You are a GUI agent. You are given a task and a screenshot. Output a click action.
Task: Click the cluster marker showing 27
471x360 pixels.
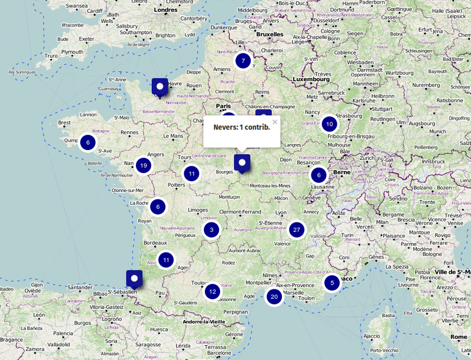(x=297, y=229)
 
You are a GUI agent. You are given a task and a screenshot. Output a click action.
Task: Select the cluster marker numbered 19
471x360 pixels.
(x=143, y=165)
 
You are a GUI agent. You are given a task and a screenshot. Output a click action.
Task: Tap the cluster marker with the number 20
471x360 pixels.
(x=274, y=296)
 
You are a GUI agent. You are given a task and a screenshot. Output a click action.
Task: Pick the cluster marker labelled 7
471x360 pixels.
(x=243, y=61)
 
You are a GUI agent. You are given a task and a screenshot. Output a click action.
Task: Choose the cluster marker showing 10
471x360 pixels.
(x=329, y=124)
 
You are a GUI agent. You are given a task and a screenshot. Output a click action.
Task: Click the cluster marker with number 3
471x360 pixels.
(x=211, y=230)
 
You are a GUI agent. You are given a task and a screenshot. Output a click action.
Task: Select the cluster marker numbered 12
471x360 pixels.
(x=213, y=291)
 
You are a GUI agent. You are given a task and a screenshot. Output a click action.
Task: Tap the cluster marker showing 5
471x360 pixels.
(x=332, y=283)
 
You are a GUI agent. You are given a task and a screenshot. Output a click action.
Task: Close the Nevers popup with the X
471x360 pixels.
(x=274, y=122)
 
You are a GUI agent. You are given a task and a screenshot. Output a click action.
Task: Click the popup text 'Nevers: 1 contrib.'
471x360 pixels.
(x=241, y=127)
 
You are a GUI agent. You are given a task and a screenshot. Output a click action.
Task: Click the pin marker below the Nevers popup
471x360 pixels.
(x=241, y=162)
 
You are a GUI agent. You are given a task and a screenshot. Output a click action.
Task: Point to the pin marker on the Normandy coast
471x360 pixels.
(x=160, y=86)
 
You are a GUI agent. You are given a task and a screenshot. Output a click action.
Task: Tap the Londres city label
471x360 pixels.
(x=165, y=10)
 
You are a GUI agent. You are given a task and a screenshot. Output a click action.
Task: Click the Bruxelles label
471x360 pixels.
(x=270, y=34)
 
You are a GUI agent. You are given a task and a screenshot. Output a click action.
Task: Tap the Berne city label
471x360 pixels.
(x=341, y=172)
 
